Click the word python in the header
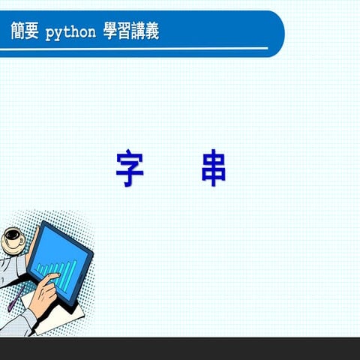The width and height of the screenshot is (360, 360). [x=71, y=32]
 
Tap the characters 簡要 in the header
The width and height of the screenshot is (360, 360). [x=25, y=32]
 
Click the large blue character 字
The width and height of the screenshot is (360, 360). [x=130, y=169]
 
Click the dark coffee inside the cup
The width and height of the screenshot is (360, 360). [x=12, y=234]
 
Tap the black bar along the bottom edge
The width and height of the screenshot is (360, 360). [x=180, y=349]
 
